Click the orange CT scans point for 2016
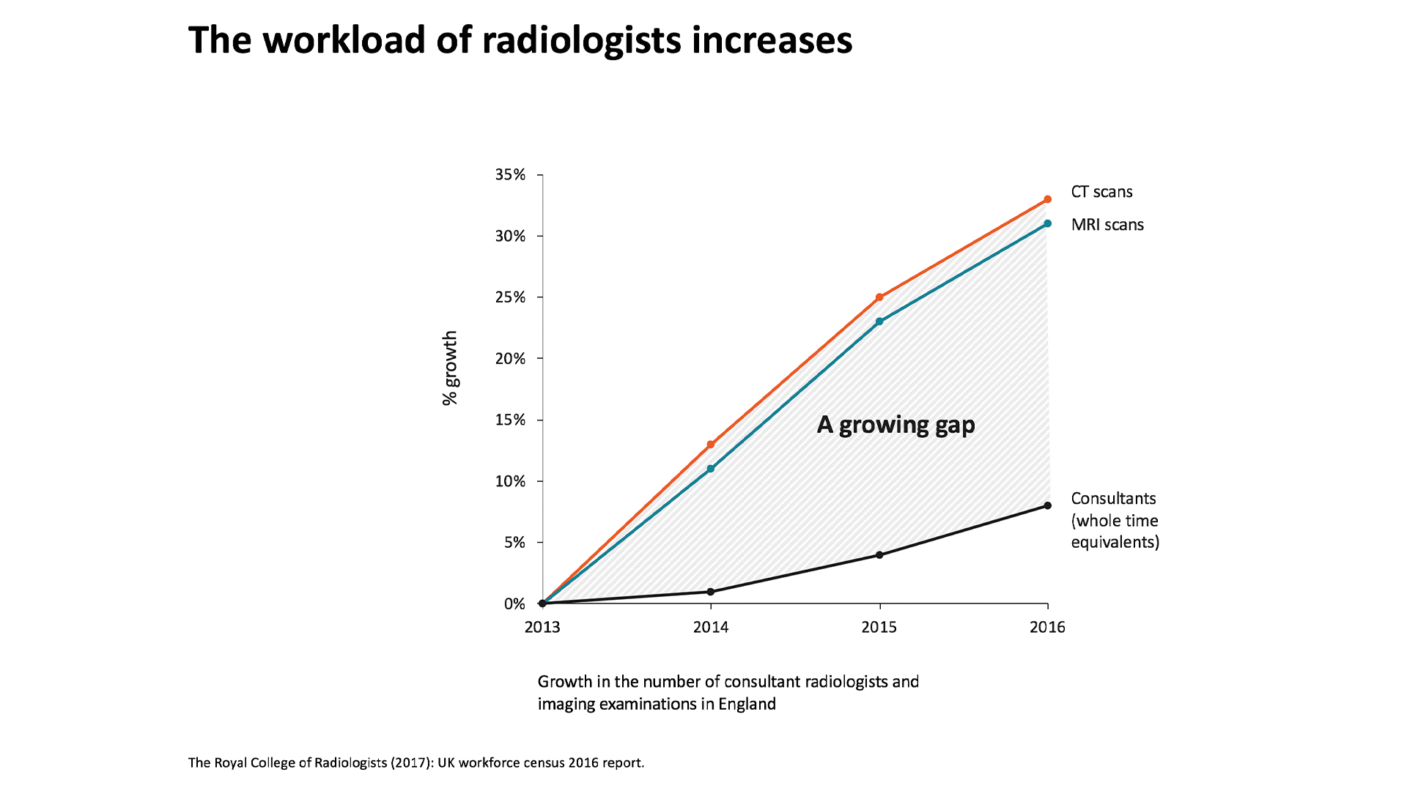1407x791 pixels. (x=1047, y=199)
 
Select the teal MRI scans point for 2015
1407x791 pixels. (x=879, y=322)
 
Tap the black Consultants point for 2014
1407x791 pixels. (x=711, y=591)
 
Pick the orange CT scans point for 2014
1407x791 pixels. (x=711, y=445)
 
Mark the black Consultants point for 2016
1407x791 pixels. (x=1047, y=505)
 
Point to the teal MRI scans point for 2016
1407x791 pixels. (x=1047, y=223)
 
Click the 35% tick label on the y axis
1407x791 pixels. (x=510, y=174)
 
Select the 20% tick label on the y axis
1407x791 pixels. (x=510, y=358)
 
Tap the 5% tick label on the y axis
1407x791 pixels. (x=514, y=543)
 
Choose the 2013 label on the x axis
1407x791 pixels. (x=542, y=627)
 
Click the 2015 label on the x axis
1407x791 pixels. (x=879, y=627)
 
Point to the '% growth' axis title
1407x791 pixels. (x=450, y=368)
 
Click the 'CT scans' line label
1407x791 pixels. (x=1101, y=192)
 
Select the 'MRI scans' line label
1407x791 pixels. (x=1107, y=225)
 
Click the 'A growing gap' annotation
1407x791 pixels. (x=895, y=425)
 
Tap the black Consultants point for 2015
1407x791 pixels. (x=879, y=554)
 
